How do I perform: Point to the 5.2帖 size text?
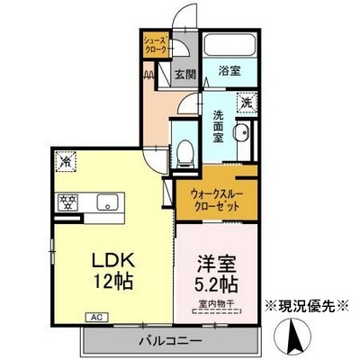coord(216,285)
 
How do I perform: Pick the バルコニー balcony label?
coord(170,340)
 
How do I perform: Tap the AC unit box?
coord(96,317)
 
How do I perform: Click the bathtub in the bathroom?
coord(229,45)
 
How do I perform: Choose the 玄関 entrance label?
coord(184,74)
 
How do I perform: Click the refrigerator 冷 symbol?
coord(66,163)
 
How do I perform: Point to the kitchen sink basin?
coord(107,202)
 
